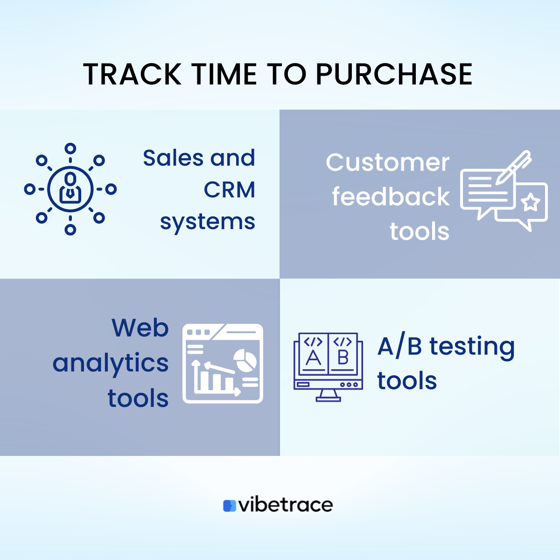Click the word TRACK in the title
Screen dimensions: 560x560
click(x=132, y=75)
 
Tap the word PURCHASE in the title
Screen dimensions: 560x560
click(x=394, y=75)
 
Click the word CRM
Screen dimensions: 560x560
click(x=229, y=190)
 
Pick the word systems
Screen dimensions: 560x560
click(x=208, y=222)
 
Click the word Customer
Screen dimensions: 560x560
click(x=387, y=162)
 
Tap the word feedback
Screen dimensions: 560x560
click(x=391, y=197)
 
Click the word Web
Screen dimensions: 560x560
click(x=140, y=328)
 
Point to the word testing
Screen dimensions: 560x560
click(x=472, y=347)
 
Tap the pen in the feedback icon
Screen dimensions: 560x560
click(x=513, y=167)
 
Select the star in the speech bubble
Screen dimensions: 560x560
click(x=530, y=203)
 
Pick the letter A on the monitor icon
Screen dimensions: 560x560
click(x=313, y=358)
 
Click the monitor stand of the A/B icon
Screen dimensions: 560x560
click(x=328, y=396)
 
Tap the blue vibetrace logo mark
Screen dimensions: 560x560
click(x=230, y=506)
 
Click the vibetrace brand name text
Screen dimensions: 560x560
click(x=286, y=505)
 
